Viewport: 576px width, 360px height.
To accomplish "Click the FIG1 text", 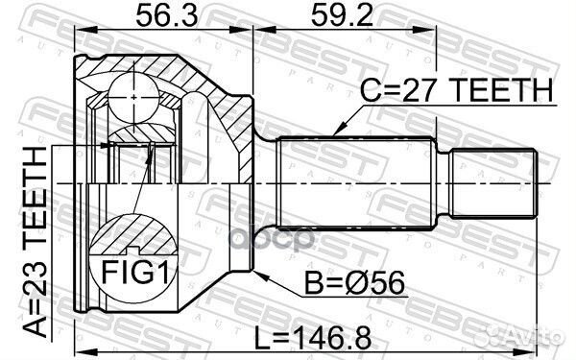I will click(134, 272).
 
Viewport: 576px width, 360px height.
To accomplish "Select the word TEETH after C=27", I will click(508, 91).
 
